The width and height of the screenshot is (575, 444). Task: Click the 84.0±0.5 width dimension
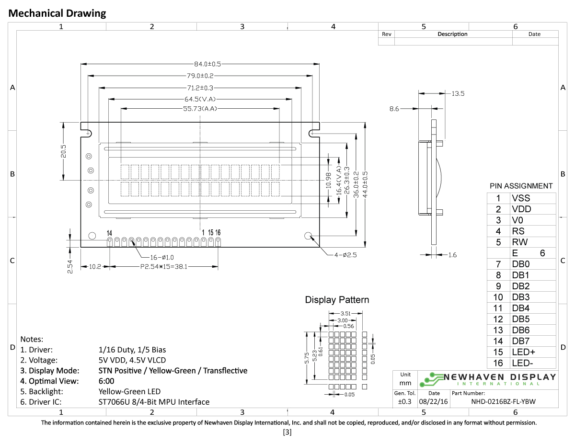click(200, 64)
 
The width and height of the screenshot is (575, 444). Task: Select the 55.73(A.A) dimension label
click(200, 109)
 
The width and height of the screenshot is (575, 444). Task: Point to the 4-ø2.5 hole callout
click(345, 255)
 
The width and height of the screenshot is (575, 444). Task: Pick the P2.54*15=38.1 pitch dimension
click(163, 267)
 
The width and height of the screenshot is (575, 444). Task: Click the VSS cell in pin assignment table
click(521, 198)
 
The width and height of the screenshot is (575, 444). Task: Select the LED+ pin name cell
click(523, 352)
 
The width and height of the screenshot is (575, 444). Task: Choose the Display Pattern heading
click(337, 300)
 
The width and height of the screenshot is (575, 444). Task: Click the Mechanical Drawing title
click(57, 13)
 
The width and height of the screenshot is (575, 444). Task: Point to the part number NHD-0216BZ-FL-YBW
click(504, 402)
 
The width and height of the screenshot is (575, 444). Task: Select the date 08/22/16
click(433, 402)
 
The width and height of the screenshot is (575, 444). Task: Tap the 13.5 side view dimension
click(458, 94)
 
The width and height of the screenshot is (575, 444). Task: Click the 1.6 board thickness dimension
click(452, 255)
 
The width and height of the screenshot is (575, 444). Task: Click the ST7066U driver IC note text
click(154, 402)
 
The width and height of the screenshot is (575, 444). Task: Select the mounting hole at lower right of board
click(308, 236)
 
